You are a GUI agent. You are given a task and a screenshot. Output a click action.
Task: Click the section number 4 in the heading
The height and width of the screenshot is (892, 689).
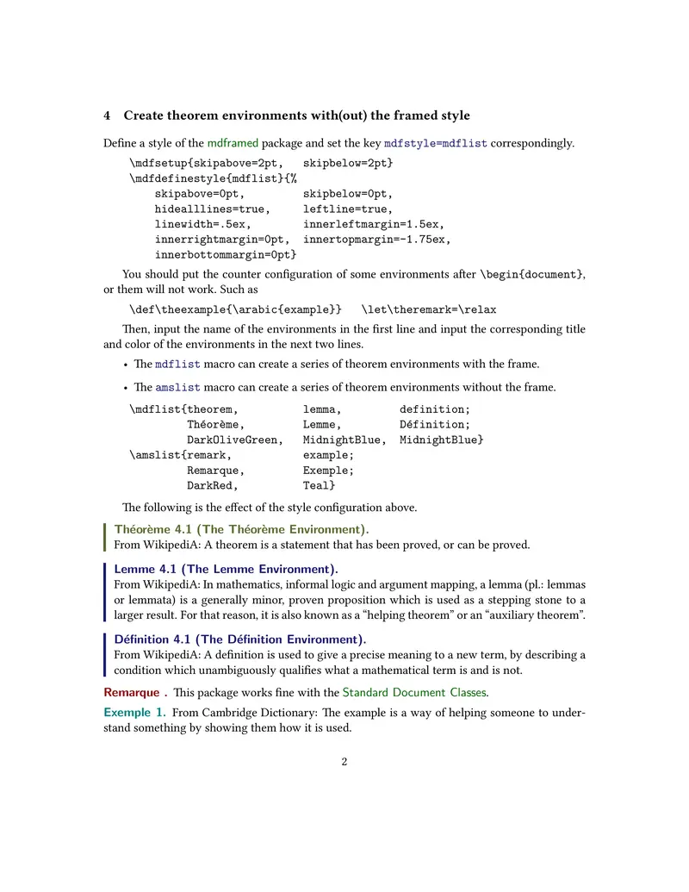[107, 115]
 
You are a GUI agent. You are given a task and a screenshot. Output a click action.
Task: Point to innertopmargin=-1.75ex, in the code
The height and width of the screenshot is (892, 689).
[376, 239]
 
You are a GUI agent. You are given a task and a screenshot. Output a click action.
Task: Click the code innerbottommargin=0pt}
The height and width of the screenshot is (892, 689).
[226, 254]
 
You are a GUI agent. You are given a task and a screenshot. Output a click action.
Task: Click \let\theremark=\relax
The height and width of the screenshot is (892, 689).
[429, 309]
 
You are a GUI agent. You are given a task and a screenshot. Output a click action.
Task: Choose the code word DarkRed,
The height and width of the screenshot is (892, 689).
[213, 486]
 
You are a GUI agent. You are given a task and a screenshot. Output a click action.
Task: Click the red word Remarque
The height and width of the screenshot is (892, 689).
[132, 692]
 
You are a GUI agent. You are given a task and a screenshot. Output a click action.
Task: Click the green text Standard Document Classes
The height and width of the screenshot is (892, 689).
[414, 692]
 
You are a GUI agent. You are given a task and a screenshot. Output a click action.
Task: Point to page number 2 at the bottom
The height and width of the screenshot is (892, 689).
[344, 762]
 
